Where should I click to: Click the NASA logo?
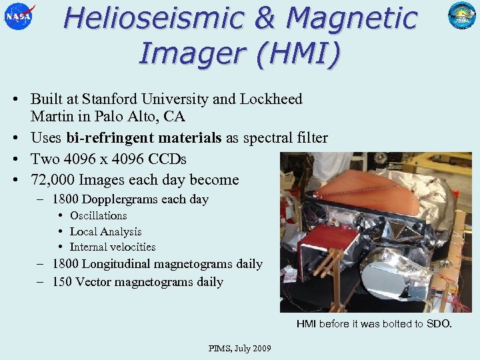click(x=19, y=16)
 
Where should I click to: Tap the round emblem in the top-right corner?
click(x=461, y=16)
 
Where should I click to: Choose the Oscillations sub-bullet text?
click(x=98, y=215)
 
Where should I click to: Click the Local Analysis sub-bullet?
click(x=105, y=231)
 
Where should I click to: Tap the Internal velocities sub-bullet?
click(x=113, y=247)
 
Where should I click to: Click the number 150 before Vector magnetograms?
click(x=62, y=281)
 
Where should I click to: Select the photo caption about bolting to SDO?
click(x=374, y=324)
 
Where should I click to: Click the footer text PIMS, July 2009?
click(x=239, y=349)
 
